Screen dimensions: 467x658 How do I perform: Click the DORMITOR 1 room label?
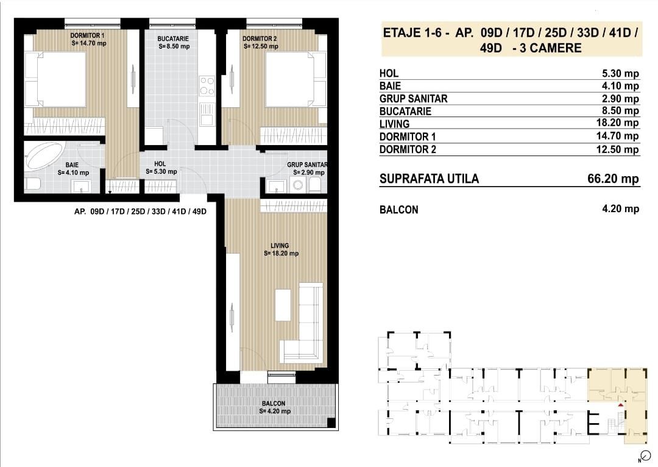click(88, 39)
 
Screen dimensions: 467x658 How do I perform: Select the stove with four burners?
click(207, 85)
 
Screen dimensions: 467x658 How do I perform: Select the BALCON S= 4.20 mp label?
click(274, 407)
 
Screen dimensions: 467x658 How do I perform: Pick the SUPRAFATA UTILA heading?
click(429, 179)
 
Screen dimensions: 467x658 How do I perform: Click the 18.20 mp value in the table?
click(620, 124)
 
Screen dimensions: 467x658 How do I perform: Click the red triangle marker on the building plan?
click(620, 404)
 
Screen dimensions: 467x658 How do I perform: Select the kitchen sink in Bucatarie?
click(207, 112)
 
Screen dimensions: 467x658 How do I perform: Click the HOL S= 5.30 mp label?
click(161, 168)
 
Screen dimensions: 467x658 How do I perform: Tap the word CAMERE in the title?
click(554, 48)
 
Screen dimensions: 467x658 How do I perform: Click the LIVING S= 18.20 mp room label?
click(281, 249)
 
